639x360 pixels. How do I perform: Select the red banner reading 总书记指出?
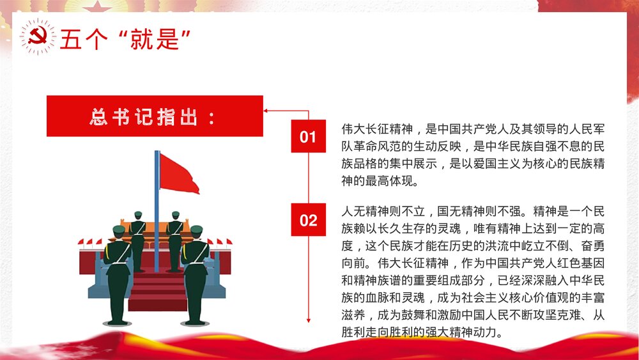pyautogui.click(x=155, y=116)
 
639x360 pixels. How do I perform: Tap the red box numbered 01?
pyautogui.click(x=308, y=137)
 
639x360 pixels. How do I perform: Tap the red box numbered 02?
pyautogui.click(x=308, y=221)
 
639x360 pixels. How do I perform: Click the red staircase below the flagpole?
pyautogui.click(x=157, y=291)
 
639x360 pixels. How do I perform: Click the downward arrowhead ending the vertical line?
pyautogui.click(x=309, y=319)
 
